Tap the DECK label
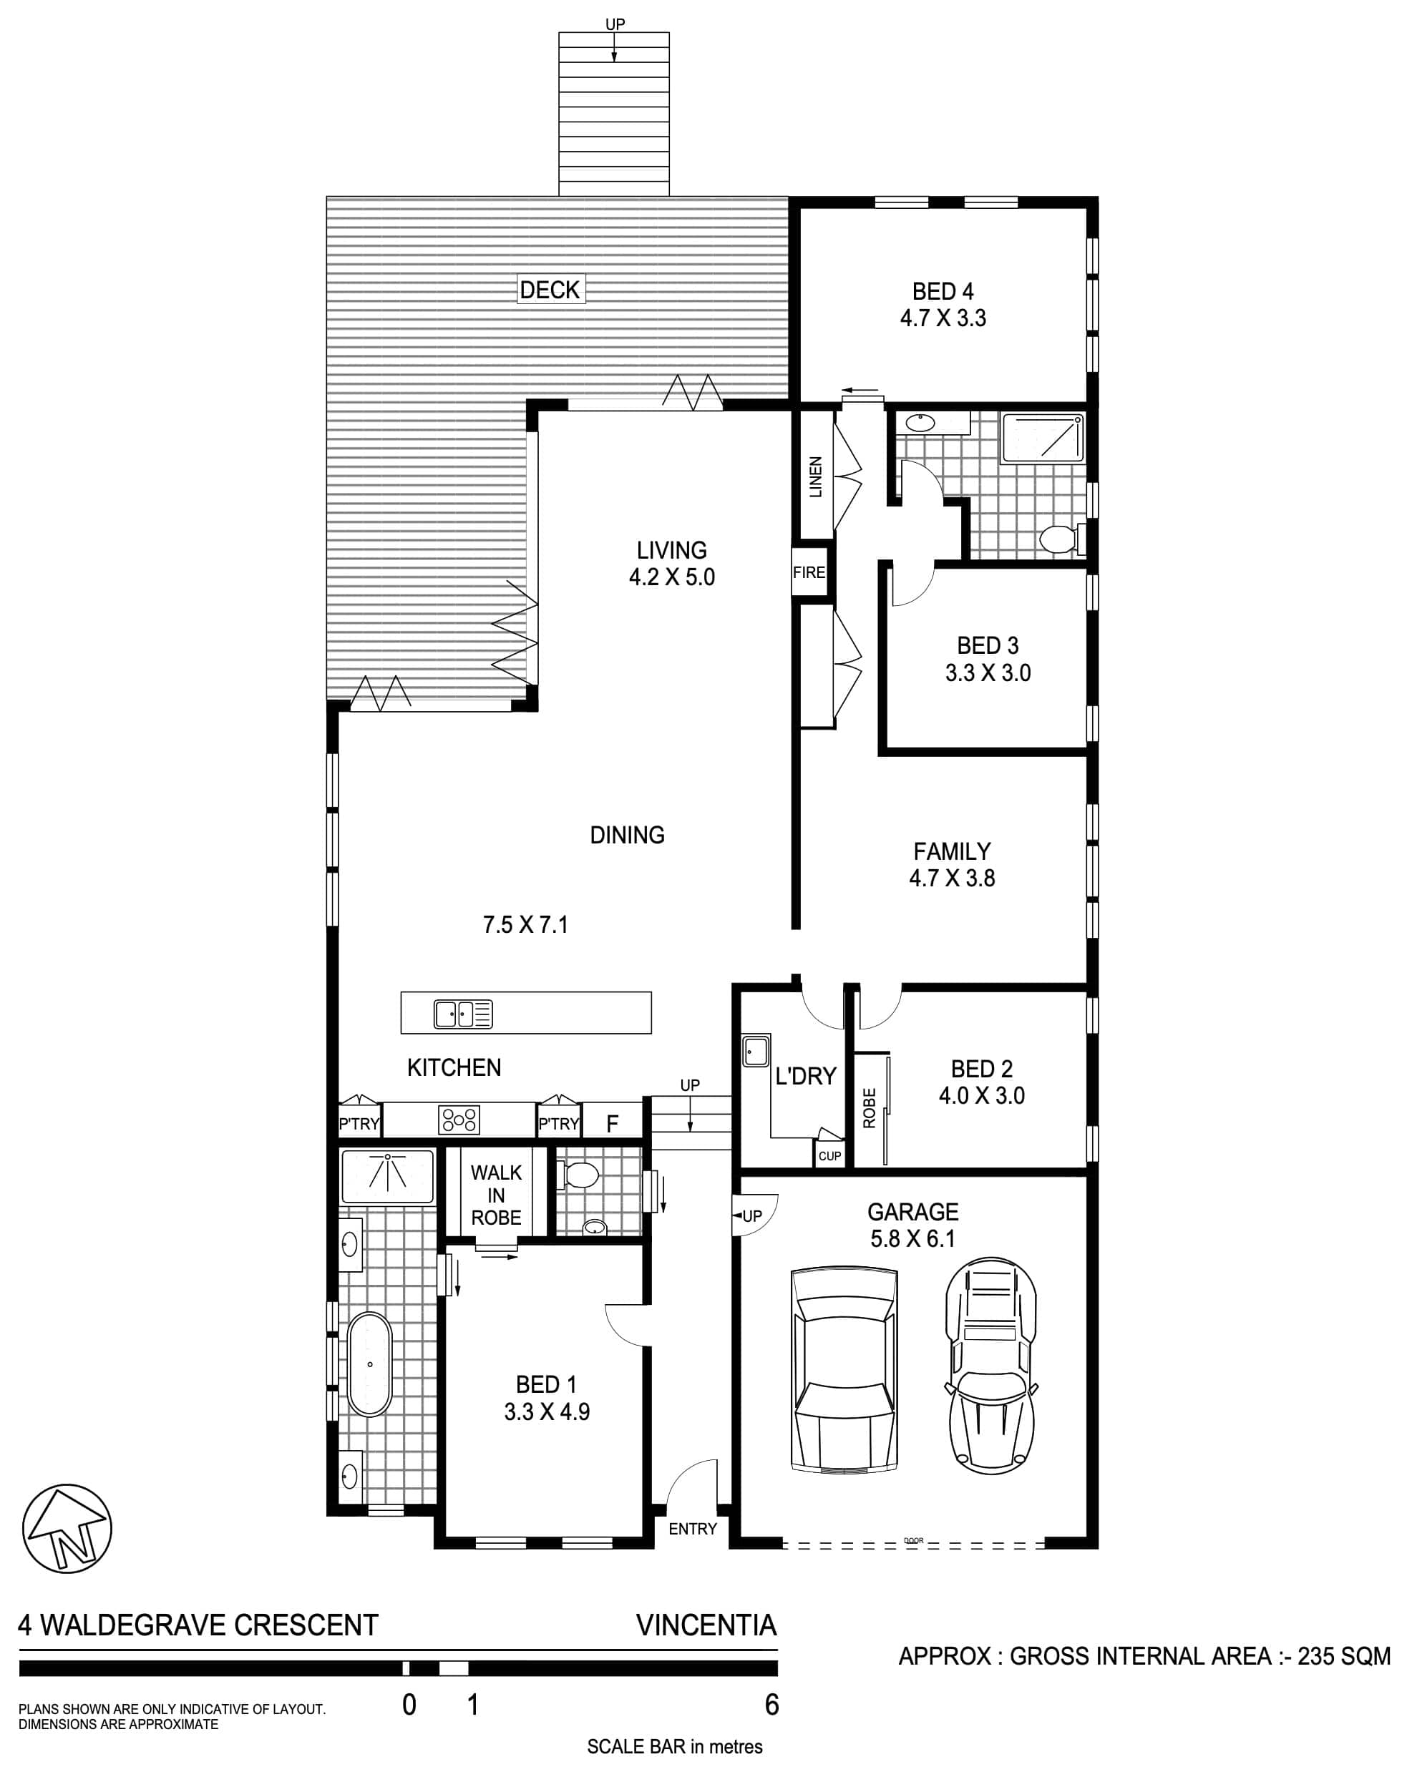point(550,289)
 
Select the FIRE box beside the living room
point(809,572)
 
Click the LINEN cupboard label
point(815,477)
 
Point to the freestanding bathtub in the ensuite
point(370,1364)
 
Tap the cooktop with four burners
point(460,1120)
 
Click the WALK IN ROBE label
point(496,1194)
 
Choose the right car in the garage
point(991,1369)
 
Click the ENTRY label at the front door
point(693,1529)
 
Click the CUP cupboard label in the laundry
point(829,1155)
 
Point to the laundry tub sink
point(756,1051)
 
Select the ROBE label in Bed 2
point(870,1108)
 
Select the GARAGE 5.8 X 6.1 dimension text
point(912,1225)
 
